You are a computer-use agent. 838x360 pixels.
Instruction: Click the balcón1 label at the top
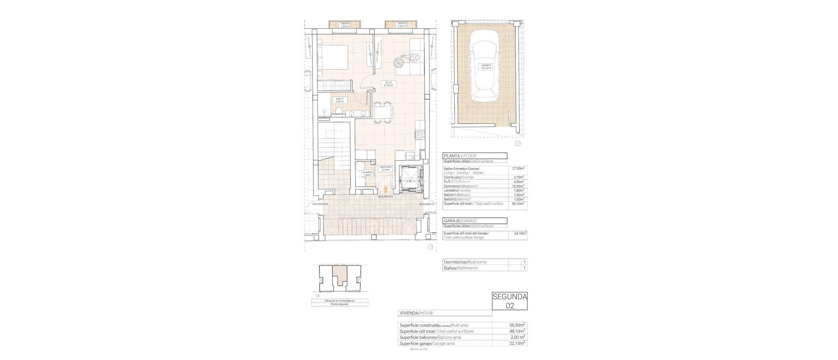pyautogui.click(x=345, y=25)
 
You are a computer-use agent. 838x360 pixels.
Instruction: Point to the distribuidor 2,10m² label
pyautogui.click(x=386, y=168)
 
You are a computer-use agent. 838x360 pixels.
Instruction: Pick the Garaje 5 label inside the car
pyautogui.click(x=486, y=67)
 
